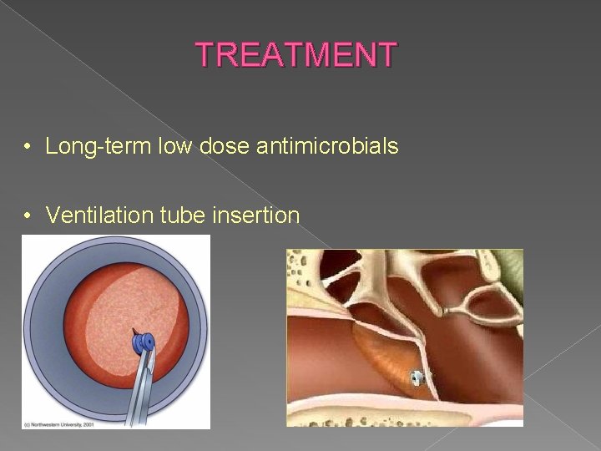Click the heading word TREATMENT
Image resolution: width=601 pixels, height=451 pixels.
pyautogui.click(x=297, y=55)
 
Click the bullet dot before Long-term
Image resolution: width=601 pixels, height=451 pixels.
pyautogui.click(x=28, y=148)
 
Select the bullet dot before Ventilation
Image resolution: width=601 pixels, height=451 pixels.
pyautogui.click(x=28, y=216)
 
